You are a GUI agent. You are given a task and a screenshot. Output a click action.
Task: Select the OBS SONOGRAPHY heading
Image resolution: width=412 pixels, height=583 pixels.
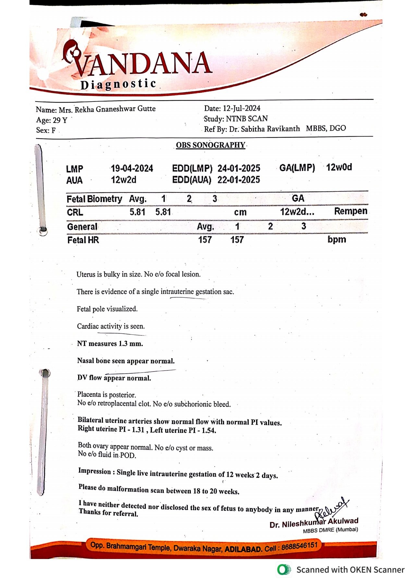point(211,145)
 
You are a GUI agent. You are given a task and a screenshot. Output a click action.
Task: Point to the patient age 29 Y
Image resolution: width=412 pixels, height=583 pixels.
point(60,120)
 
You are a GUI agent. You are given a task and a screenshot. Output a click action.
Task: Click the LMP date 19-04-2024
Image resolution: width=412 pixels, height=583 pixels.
point(132,168)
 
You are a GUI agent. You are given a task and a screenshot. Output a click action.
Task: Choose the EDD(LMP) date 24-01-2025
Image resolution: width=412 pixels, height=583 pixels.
point(239,168)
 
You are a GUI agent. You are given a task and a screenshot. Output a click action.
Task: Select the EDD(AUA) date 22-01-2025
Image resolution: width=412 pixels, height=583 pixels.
point(239,180)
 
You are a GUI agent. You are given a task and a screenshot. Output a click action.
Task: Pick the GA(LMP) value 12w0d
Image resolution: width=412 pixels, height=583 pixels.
point(339,167)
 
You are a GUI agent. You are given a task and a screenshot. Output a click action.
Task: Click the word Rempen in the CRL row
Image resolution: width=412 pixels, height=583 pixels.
point(351,211)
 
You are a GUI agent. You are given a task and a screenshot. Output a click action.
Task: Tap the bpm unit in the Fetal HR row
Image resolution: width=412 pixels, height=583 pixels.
point(337,239)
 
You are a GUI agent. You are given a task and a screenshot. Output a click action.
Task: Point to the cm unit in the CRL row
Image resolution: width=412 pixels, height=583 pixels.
point(240,213)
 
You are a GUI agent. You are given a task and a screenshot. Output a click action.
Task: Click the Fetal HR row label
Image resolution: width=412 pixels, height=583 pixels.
point(83,240)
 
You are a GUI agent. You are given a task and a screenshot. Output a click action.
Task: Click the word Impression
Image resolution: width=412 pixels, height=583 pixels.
point(94,471)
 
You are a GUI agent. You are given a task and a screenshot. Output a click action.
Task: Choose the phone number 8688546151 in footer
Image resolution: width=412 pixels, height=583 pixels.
point(299,546)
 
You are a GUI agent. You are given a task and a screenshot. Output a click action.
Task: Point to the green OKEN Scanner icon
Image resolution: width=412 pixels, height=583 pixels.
point(284,570)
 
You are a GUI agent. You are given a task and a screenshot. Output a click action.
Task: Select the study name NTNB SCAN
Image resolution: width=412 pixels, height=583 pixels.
point(247,119)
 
